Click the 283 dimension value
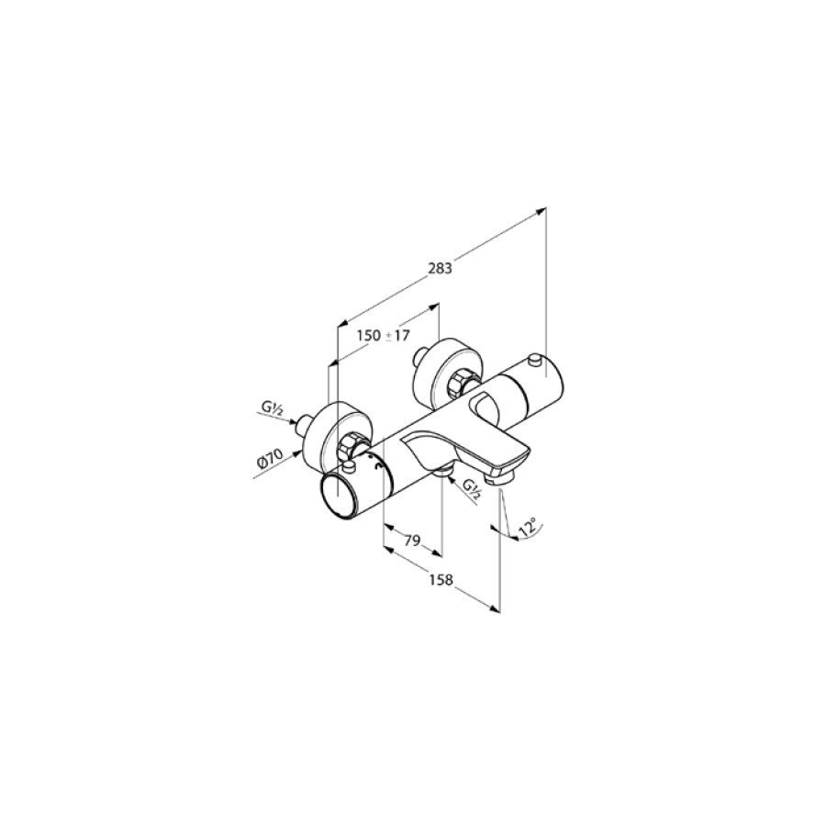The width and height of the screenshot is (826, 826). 441,268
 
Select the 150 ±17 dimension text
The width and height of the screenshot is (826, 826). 383,335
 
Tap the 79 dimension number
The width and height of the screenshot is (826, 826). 412,540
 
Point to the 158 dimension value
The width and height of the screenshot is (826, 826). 441,580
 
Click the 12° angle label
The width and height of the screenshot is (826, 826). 529,528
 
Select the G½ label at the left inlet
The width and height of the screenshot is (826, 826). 272,409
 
